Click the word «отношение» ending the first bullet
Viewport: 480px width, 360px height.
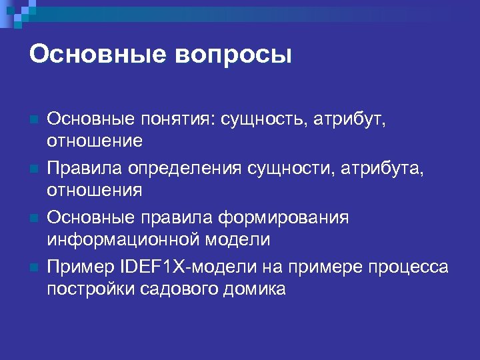[x=94, y=141]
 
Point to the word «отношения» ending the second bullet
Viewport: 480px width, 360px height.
[x=94, y=191]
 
